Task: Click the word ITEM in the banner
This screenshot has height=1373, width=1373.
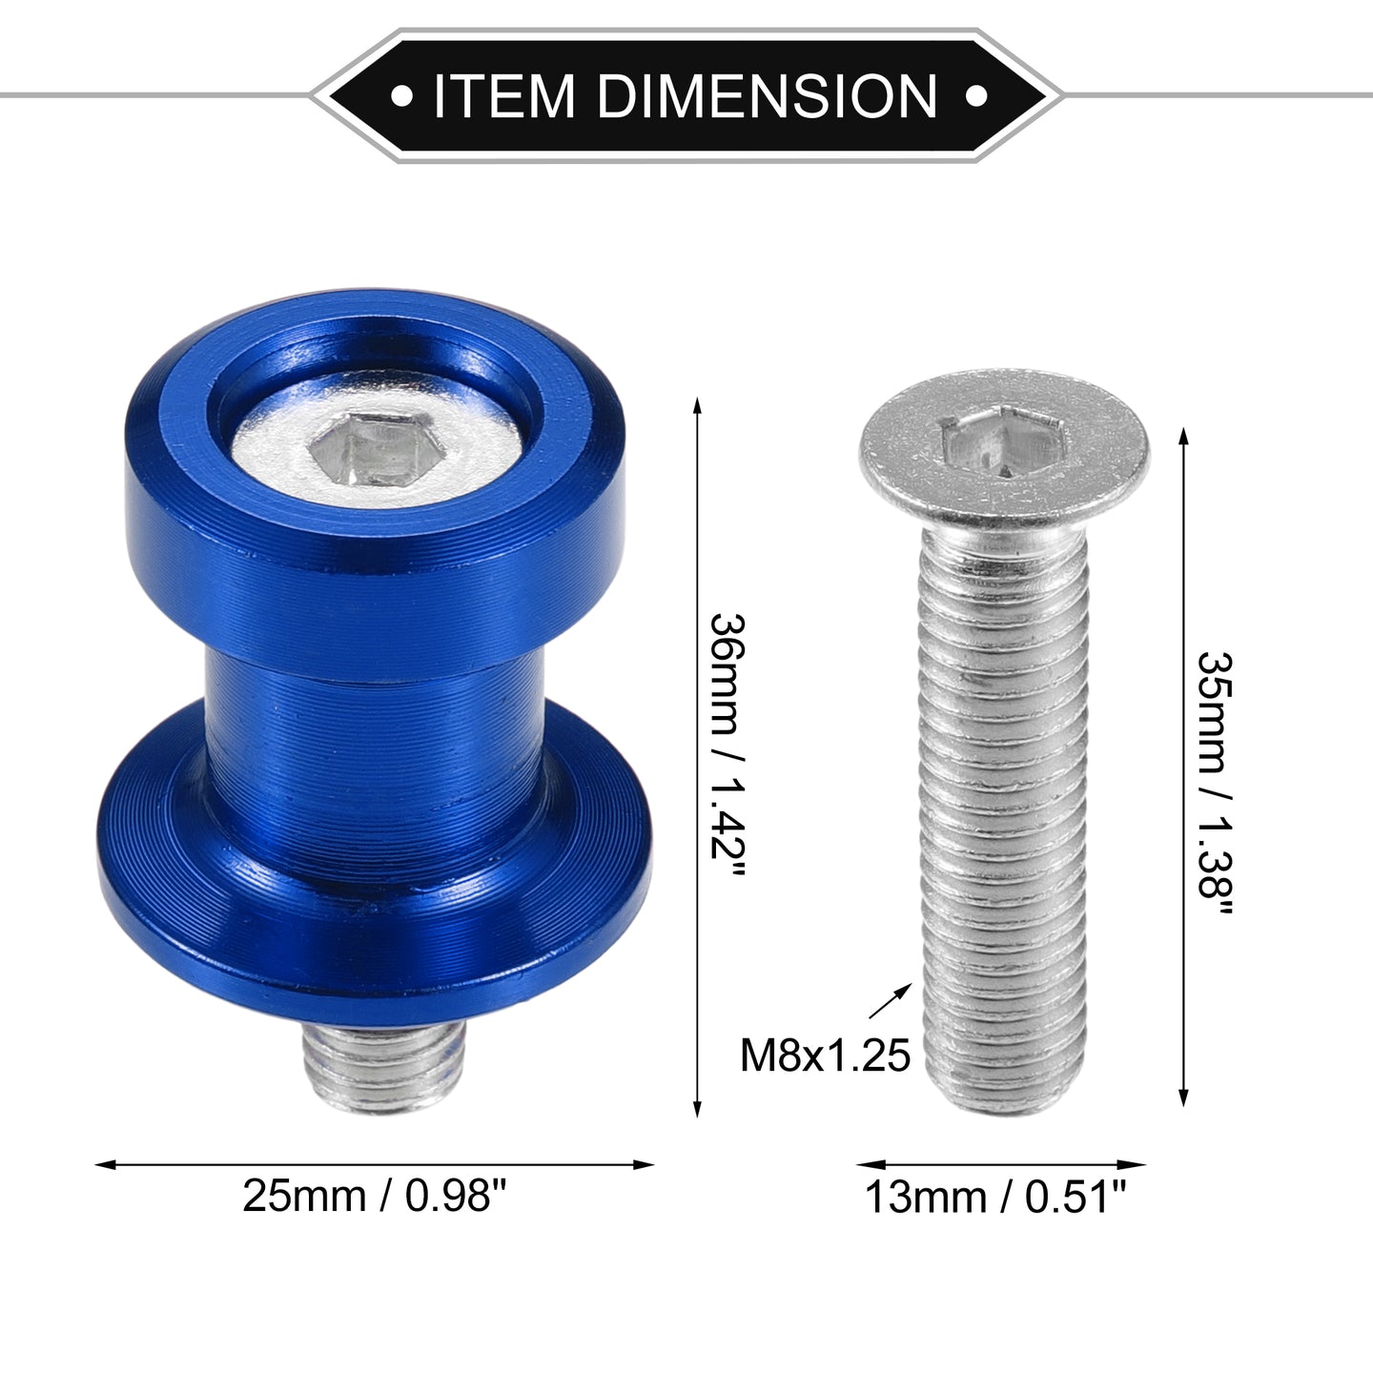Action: coord(503,96)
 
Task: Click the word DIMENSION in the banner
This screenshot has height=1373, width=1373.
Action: coord(768,96)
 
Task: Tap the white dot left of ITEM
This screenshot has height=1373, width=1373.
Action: coord(401,96)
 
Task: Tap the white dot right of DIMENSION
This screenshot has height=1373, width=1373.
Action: coord(976,96)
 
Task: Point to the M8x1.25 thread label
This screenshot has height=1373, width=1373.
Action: coord(825,1055)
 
